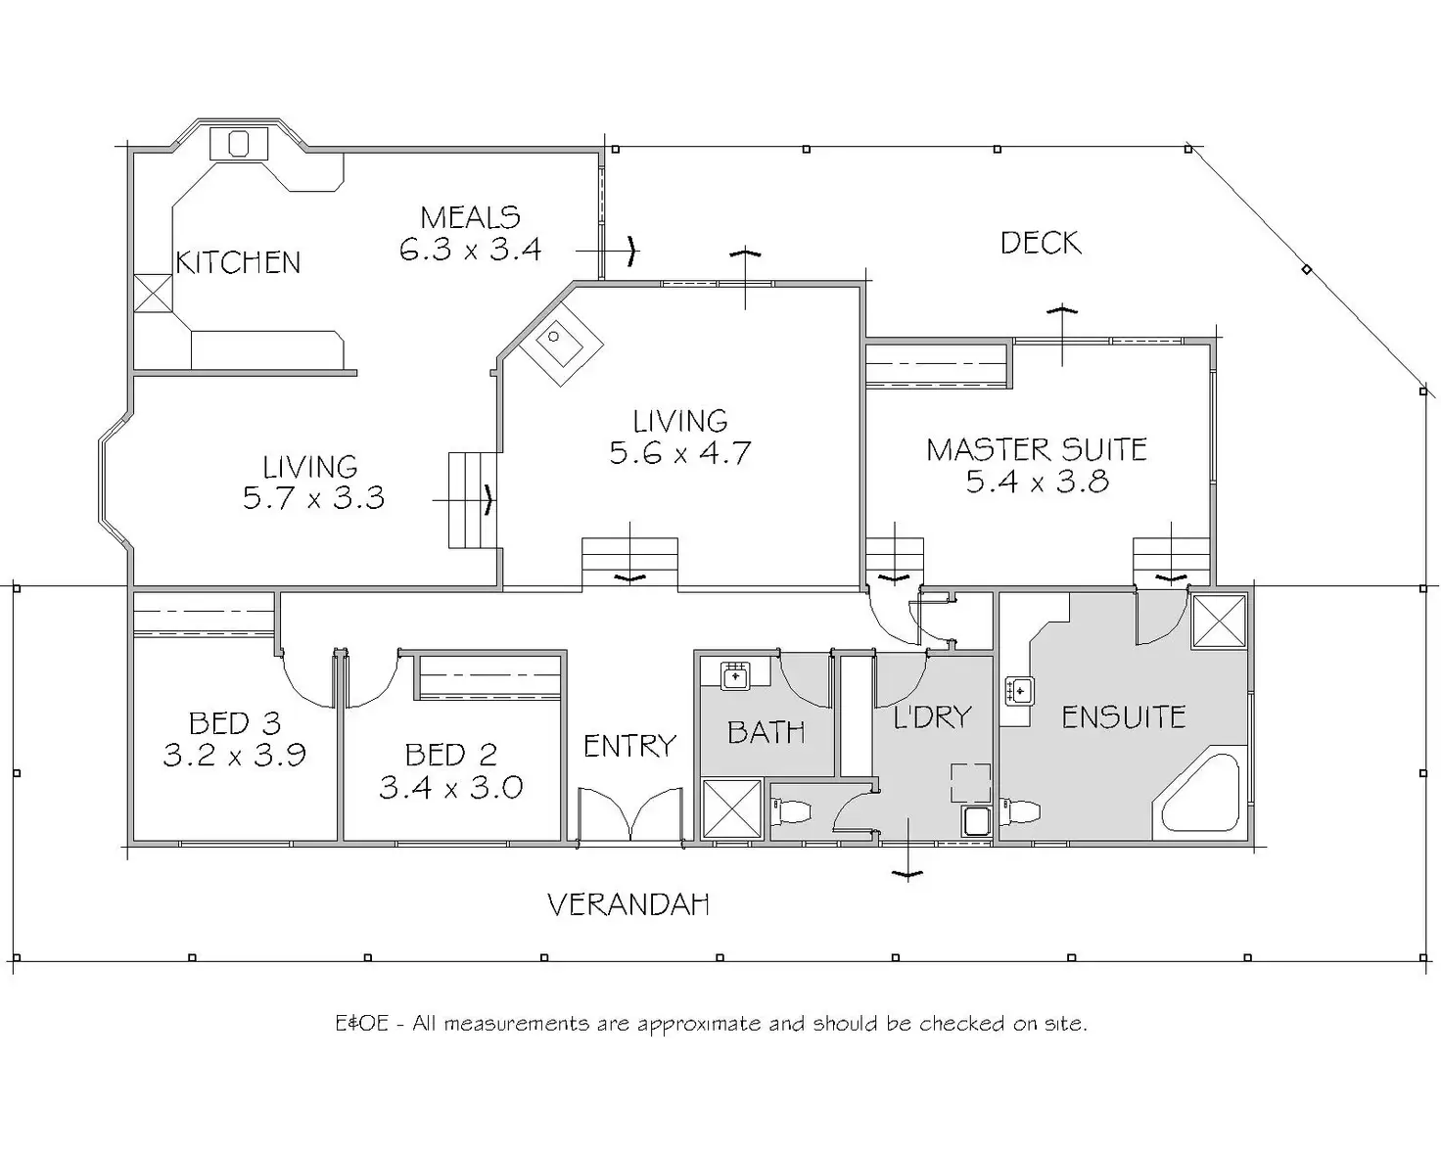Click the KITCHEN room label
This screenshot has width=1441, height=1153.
tap(238, 262)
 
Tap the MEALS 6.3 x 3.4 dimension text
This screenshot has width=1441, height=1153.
tap(470, 250)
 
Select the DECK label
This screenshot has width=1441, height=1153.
tap(1040, 243)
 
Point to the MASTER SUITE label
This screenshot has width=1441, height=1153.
tap(1037, 449)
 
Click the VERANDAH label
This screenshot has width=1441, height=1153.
tap(628, 904)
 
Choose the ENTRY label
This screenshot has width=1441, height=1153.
tap(629, 747)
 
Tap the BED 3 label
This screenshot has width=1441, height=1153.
tap(235, 723)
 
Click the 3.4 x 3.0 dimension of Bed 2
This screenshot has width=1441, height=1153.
tap(450, 787)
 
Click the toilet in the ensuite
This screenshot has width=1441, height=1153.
tap(1020, 812)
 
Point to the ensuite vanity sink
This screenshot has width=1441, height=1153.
tap(1019, 692)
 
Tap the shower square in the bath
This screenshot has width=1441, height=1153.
tap(732, 808)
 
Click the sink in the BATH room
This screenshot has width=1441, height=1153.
tap(735, 675)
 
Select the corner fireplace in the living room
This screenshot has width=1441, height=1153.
tap(560, 342)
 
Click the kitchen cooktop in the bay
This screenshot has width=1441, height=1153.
tap(239, 144)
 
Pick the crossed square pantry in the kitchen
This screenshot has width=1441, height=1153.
tap(152, 293)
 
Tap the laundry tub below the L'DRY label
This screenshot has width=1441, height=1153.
tap(976, 820)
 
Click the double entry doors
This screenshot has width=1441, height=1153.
tap(629, 814)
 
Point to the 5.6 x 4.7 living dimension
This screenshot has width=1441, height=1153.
tap(679, 453)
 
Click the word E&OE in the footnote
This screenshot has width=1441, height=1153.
tap(362, 1024)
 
